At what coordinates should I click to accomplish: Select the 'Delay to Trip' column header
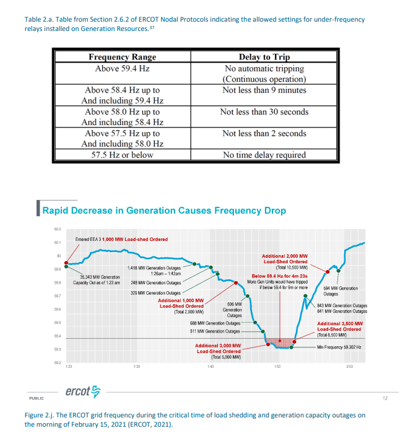point(264,58)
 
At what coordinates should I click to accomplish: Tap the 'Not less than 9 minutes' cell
point(264,90)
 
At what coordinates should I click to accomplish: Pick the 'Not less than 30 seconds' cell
point(264,112)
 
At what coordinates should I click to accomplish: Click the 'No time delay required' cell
point(264,155)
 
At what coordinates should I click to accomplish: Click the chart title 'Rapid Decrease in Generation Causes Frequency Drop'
point(163,211)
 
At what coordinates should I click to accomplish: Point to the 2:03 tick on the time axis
point(350,367)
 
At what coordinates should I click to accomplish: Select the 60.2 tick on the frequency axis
point(58,230)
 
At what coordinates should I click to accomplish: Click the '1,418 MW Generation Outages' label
point(154,268)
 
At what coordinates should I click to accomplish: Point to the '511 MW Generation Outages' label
point(214,331)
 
